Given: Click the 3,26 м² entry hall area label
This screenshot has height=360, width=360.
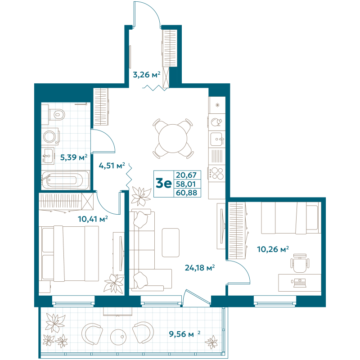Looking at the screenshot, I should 146,74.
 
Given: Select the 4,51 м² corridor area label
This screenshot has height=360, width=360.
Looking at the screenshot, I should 112,166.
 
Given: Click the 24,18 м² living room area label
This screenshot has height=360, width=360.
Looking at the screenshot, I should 200,268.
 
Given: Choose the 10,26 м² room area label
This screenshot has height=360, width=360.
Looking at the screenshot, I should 272,248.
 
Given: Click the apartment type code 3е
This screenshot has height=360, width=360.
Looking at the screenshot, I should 163,184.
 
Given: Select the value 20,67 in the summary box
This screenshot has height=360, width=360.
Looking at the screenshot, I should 187,175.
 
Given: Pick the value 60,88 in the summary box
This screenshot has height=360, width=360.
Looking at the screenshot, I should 187,193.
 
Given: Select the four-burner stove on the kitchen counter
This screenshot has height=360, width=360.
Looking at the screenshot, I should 216,173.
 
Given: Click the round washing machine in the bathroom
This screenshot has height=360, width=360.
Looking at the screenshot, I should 49,135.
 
